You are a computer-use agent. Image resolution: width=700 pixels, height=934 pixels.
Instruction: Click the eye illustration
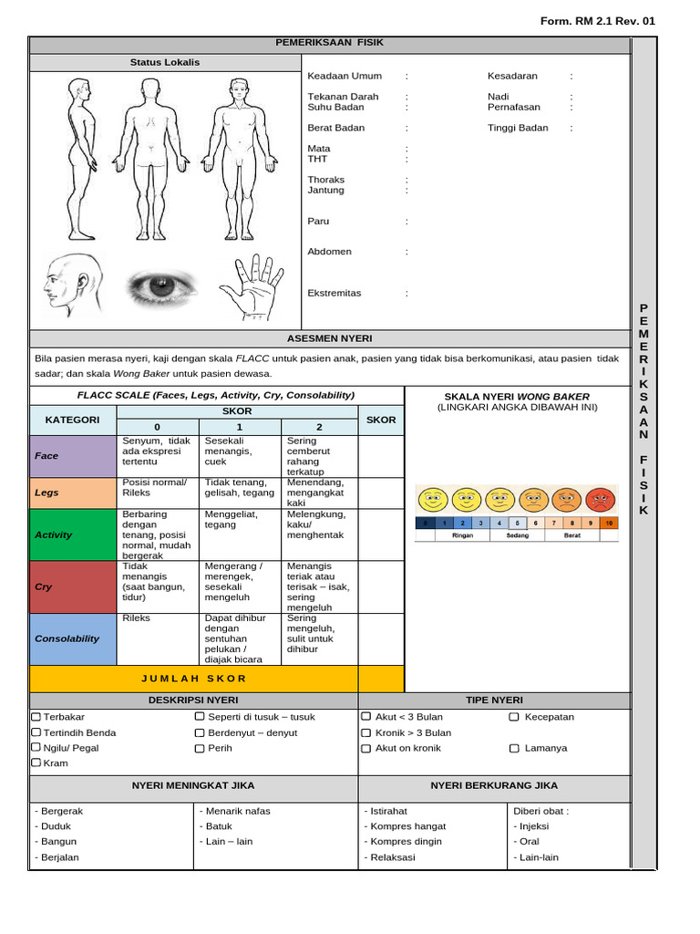click(x=162, y=286)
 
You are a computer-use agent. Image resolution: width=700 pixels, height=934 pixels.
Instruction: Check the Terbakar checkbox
click(x=36, y=717)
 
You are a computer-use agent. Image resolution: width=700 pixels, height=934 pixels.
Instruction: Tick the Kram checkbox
click(x=36, y=763)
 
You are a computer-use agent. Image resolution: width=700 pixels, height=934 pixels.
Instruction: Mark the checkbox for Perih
click(x=200, y=748)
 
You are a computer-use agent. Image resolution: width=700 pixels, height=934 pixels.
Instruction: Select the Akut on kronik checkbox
click(x=366, y=748)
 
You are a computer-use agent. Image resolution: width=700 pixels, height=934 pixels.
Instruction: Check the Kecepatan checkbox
click(x=514, y=717)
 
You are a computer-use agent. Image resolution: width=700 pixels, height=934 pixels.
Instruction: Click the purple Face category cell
click(x=73, y=456)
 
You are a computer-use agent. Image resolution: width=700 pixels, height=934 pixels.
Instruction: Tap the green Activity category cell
click(x=73, y=534)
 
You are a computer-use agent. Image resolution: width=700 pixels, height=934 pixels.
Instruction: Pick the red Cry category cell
click(x=73, y=587)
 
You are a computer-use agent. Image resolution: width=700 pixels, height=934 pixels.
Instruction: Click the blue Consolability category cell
click(x=73, y=638)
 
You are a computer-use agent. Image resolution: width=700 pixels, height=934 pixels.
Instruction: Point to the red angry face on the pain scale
click(x=600, y=500)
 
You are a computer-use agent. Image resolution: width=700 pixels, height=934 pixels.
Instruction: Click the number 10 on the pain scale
click(x=609, y=523)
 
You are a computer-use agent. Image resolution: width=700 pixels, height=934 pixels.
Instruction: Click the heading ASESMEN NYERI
click(x=330, y=338)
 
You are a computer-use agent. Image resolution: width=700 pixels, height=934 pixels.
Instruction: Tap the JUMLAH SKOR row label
click(x=194, y=679)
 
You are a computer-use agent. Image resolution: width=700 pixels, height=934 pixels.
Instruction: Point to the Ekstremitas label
click(x=335, y=293)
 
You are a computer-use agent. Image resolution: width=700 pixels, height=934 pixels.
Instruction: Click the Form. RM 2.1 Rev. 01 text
click(x=598, y=21)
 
